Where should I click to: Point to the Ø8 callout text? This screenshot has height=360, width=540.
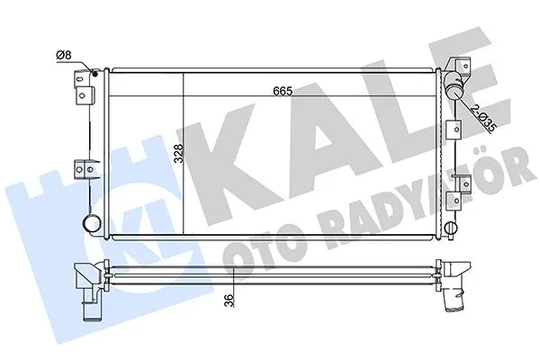[64, 56]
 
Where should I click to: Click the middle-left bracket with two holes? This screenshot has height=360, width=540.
[85, 167]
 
